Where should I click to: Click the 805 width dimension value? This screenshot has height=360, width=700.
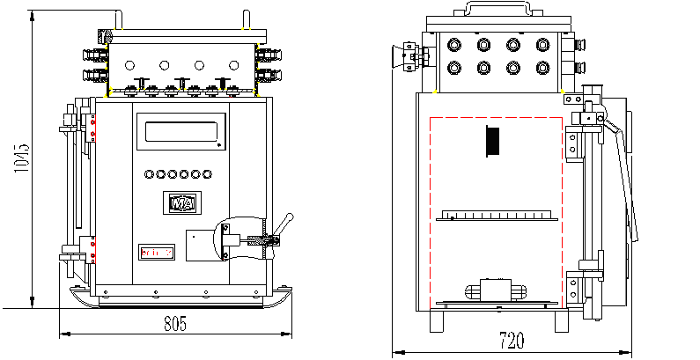pyautogui.click(x=175, y=323)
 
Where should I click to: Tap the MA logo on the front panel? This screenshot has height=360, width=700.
pyautogui.click(x=183, y=202)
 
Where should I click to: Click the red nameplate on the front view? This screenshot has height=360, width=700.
pyautogui.click(x=157, y=253)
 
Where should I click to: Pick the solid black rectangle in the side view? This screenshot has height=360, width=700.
pyautogui.click(x=493, y=141)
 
